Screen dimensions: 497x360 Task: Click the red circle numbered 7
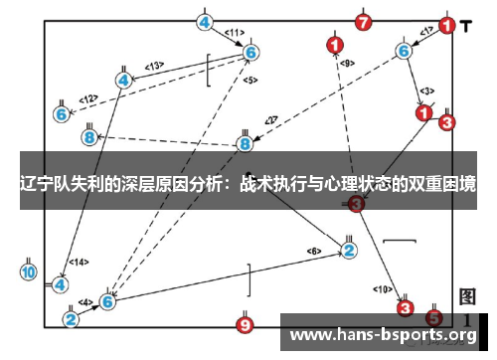click(363, 21)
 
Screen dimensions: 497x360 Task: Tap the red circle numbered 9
click(246, 324)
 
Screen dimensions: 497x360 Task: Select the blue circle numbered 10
click(28, 271)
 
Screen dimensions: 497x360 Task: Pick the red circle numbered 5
click(434, 318)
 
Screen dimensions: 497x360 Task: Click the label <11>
click(235, 33)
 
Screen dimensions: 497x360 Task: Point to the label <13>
click(153, 66)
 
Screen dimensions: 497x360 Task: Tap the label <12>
click(88, 98)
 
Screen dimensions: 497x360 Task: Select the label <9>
click(346, 63)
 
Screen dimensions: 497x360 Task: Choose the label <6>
click(314, 250)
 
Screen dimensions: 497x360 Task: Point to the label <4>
click(85, 301)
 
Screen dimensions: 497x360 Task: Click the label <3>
click(426, 90)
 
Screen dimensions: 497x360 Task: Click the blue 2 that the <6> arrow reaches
click(349, 249)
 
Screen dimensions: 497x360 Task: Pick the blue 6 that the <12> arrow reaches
click(62, 114)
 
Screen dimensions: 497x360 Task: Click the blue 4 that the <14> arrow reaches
click(61, 283)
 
